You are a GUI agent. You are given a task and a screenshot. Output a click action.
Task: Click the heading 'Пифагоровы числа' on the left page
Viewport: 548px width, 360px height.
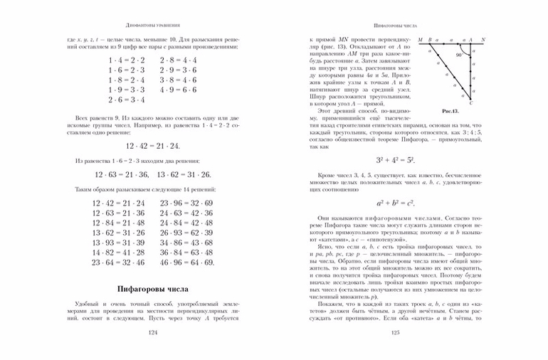(150, 289)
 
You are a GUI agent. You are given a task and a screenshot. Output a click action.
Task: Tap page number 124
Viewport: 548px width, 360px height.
(150, 332)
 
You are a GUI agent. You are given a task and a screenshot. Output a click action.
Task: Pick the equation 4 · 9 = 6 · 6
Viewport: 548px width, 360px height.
(179, 90)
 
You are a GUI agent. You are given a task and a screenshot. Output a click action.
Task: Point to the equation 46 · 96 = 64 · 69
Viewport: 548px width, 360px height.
(186, 263)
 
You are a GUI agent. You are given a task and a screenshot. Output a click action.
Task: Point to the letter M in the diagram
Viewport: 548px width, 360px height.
(421, 39)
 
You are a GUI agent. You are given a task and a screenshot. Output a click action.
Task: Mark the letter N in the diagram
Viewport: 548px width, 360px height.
(483, 39)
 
